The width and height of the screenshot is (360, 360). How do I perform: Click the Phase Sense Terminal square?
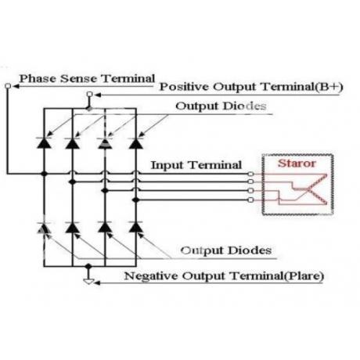coord(8,86)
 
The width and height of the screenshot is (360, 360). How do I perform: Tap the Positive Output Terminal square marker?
coord(89,94)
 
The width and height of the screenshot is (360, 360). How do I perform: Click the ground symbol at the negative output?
coord(88,282)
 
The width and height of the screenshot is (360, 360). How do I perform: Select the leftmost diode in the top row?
coord(44,142)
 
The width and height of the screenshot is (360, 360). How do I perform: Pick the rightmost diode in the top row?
coord(136,142)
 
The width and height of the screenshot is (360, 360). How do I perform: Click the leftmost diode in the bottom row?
coord(44,228)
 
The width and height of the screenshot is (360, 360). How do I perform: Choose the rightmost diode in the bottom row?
coord(136,228)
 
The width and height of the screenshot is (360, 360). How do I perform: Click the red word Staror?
coord(297,164)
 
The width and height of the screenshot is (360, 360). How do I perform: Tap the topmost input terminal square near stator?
coord(250,174)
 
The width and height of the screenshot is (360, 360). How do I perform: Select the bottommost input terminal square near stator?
coord(250,200)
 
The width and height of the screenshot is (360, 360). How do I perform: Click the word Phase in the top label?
coord(38,78)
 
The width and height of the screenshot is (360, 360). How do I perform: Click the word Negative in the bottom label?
coord(151,275)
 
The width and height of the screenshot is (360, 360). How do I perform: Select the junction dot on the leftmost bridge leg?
coord(44,174)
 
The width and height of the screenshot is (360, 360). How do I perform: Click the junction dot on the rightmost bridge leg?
coord(135,200)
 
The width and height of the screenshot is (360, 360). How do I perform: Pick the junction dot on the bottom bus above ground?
coord(88,266)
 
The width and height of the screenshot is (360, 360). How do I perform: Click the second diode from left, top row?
coord(73,142)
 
